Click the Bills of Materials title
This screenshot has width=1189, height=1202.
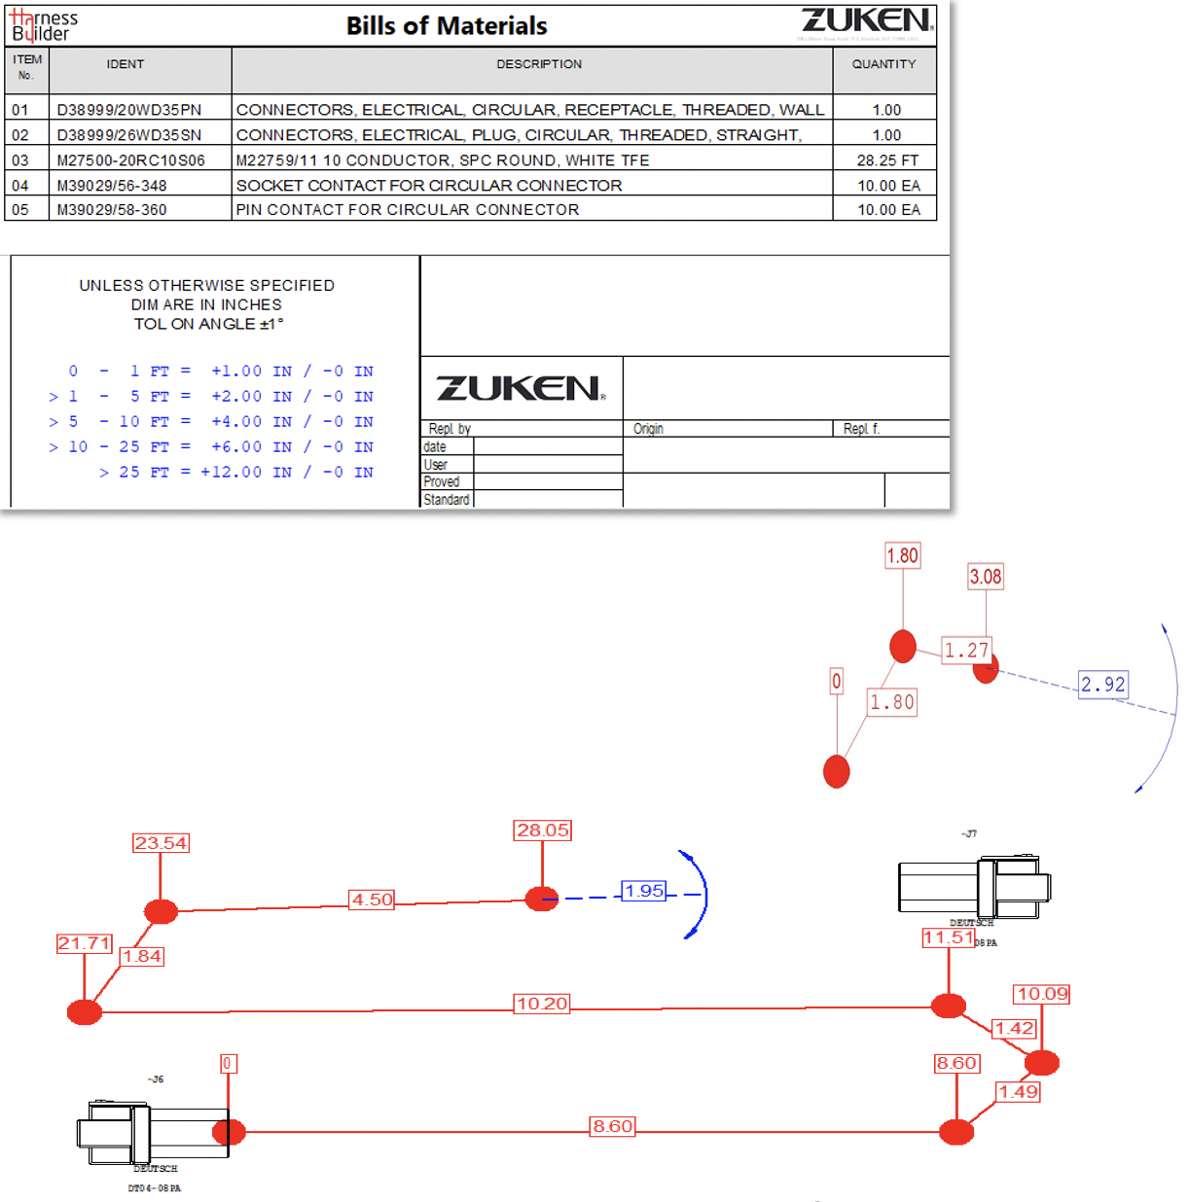(447, 26)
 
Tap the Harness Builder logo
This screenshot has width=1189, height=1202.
(44, 25)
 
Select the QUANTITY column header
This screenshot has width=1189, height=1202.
(883, 64)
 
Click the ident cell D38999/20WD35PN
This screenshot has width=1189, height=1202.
(129, 110)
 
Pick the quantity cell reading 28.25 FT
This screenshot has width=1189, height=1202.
(886, 160)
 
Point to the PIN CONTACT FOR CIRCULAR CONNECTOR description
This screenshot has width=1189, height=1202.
(407, 210)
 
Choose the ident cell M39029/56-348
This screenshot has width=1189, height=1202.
(112, 186)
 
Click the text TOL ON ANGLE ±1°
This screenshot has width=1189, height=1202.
(208, 324)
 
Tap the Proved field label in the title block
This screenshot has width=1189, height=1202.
(441, 482)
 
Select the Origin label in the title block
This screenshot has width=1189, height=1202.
(648, 429)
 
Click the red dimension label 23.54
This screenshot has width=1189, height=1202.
(161, 843)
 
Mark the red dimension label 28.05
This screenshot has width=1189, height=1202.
(543, 831)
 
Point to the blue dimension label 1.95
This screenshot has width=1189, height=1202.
(644, 891)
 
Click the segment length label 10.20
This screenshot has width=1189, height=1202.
(542, 1004)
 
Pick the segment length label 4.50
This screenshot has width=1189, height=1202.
(372, 900)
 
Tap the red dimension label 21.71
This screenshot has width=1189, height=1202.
(84, 943)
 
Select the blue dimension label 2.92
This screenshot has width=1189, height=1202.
(1102, 685)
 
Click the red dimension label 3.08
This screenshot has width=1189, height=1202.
(985, 577)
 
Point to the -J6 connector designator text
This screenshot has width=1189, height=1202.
(156, 1079)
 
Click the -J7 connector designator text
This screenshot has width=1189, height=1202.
(969, 834)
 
